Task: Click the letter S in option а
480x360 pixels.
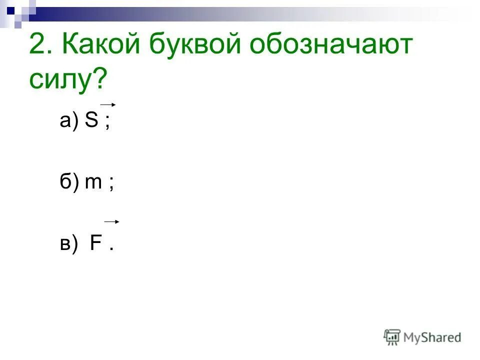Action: coord(91,121)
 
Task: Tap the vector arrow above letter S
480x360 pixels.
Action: coord(108,104)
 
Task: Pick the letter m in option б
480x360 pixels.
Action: coord(94,184)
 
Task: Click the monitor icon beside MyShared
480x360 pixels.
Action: coord(392,337)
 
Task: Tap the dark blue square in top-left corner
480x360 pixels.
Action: coord(11,8)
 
